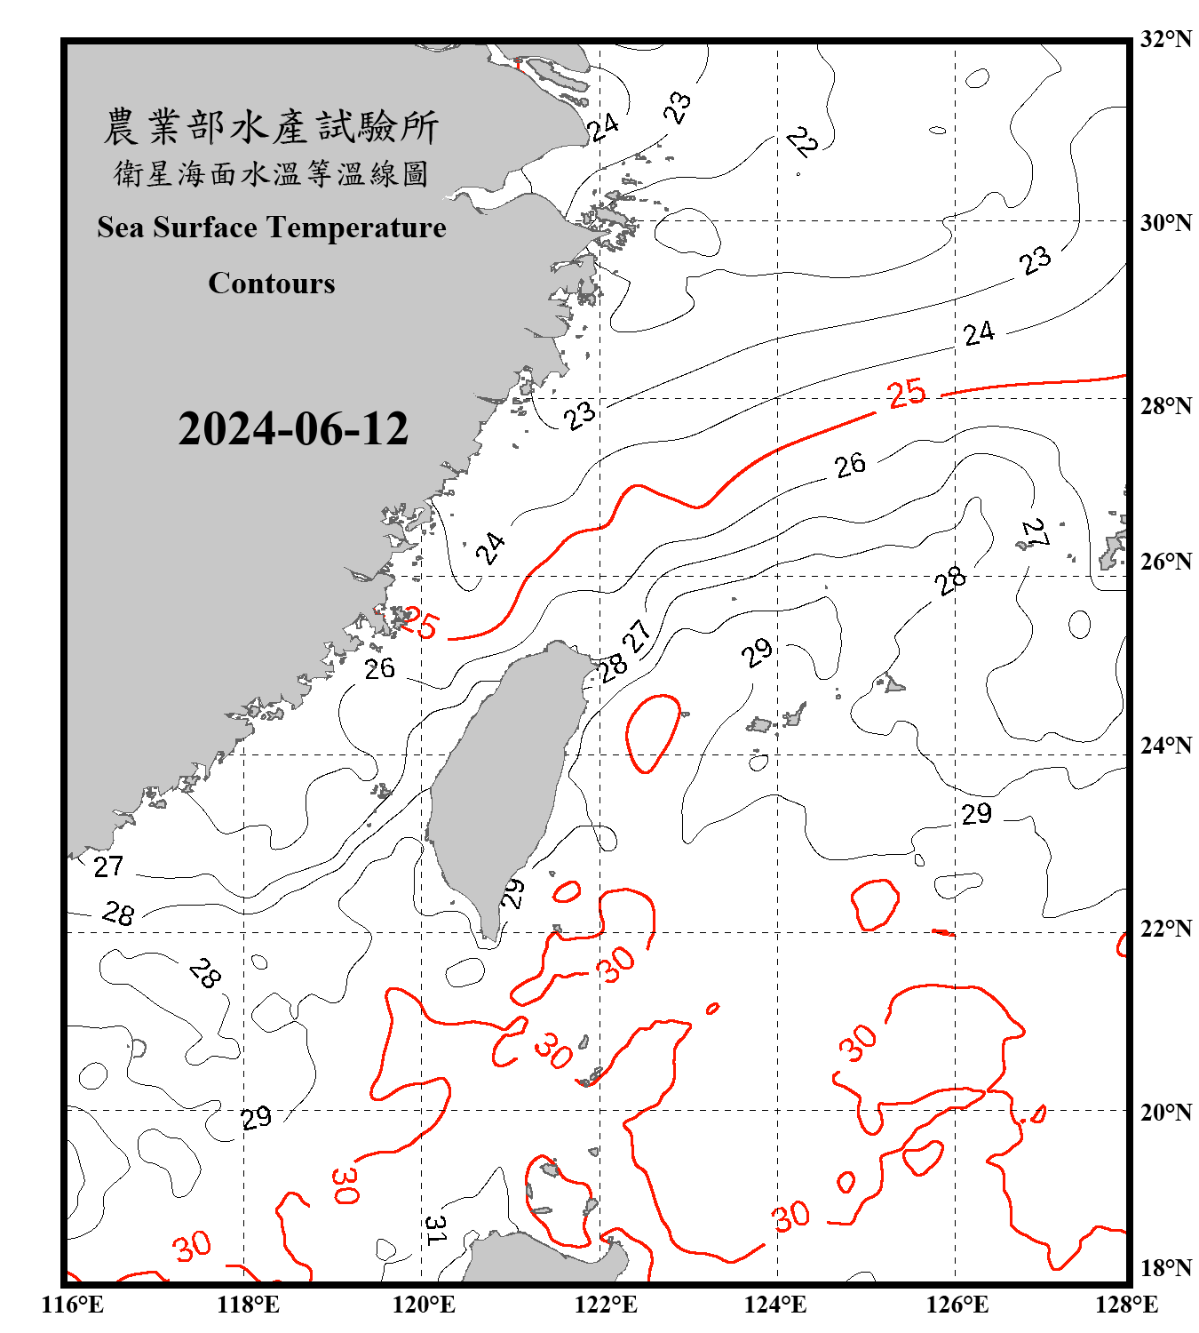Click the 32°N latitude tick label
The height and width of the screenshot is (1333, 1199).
1165,39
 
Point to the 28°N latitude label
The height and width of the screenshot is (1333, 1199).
1165,406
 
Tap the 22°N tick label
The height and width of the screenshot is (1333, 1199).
1165,929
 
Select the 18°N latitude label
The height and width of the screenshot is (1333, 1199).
1165,1268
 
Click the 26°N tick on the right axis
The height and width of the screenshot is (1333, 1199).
1165,562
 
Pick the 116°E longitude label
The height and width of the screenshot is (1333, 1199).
73,1305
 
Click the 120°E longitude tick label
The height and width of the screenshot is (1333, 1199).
424,1305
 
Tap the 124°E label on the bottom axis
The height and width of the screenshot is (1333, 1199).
775,1305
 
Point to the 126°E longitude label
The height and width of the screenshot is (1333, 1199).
957,1305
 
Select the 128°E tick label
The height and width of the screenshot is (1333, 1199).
1126,1305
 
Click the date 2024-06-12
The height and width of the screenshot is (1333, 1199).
293,429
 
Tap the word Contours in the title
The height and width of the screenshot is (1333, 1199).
272,283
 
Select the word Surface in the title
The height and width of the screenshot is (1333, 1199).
205,227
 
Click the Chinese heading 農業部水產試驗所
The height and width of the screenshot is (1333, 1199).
271,127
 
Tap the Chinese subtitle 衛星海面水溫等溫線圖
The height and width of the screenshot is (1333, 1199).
271,174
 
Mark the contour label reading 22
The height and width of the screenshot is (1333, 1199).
802,141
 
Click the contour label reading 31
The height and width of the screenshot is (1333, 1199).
435,1230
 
